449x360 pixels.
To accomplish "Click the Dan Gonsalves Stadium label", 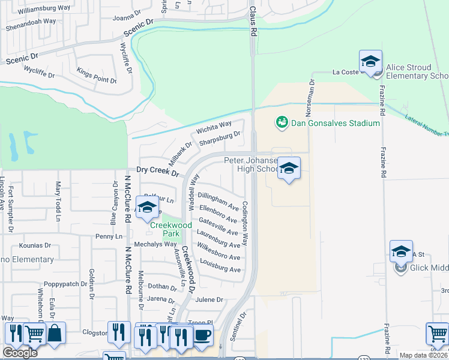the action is [x=335, y=123].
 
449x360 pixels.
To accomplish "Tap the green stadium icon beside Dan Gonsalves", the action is [x=280, y=122].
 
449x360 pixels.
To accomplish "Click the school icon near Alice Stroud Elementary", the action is [x=370, y=62].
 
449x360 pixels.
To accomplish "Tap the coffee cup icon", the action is [x=202, y=335].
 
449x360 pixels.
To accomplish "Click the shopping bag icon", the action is [x=55, y=334].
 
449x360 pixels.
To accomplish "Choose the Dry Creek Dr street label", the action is [x=158, y=172].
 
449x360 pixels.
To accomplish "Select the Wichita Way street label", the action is [x=214, y=128].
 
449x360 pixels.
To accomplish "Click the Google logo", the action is [x=20, y=353].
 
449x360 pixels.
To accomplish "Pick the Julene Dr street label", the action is [x=208, y=299].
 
